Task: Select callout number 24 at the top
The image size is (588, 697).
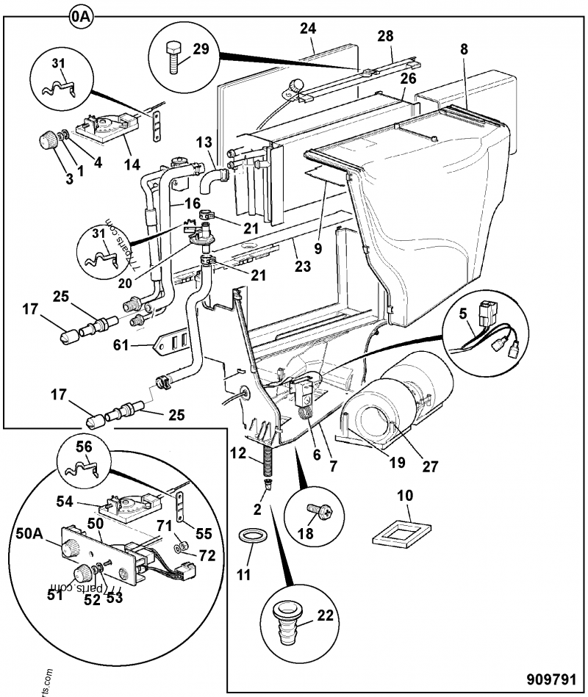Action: click(308, 29)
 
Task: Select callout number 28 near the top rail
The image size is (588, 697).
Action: click(386, 36)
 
